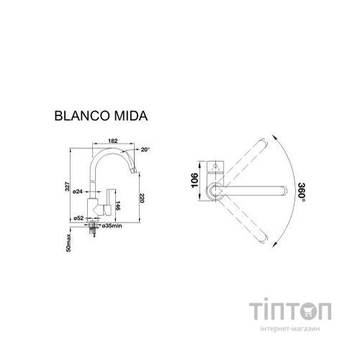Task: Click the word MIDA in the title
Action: click(x=132, y=115)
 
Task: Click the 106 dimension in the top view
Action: click(x=194, y=179)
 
